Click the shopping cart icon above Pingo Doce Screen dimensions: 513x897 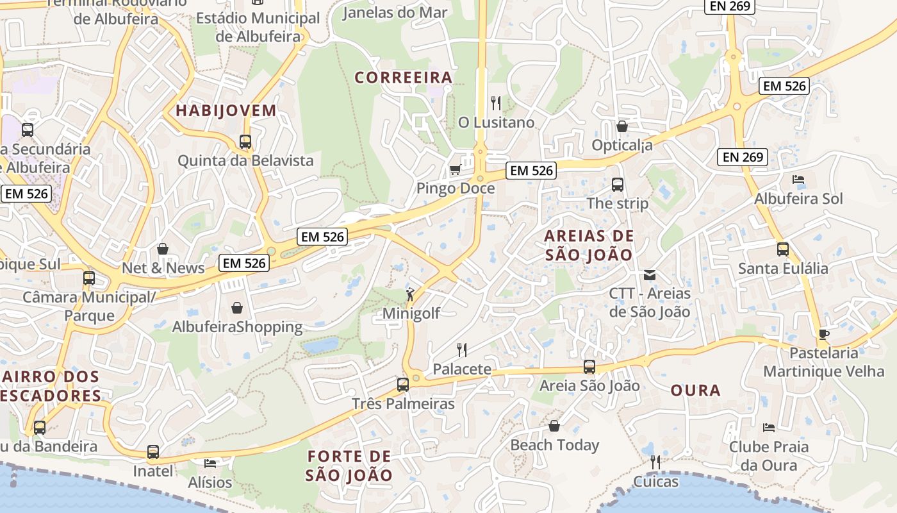455,169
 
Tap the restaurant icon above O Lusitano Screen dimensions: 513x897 495,103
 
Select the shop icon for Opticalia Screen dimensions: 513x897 621,126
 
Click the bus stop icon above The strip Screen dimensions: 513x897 618,185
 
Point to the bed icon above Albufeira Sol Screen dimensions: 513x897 798,180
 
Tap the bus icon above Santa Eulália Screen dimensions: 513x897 782,249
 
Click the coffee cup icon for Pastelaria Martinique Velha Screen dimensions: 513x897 824,334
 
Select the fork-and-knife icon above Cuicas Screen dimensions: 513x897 655,462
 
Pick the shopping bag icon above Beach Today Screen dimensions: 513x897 554,426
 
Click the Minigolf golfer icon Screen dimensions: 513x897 410,295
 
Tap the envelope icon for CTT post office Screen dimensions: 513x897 650,275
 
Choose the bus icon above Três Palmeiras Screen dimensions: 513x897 402,385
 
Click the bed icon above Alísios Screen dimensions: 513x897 210,463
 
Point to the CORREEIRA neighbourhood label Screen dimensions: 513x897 404,78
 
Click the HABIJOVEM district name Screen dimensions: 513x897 226,110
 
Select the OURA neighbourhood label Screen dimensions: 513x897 696,390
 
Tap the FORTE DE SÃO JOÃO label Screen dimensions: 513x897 349,466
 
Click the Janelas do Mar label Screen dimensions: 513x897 395,13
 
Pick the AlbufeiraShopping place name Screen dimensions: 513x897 237,327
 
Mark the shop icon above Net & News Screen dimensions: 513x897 163,249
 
